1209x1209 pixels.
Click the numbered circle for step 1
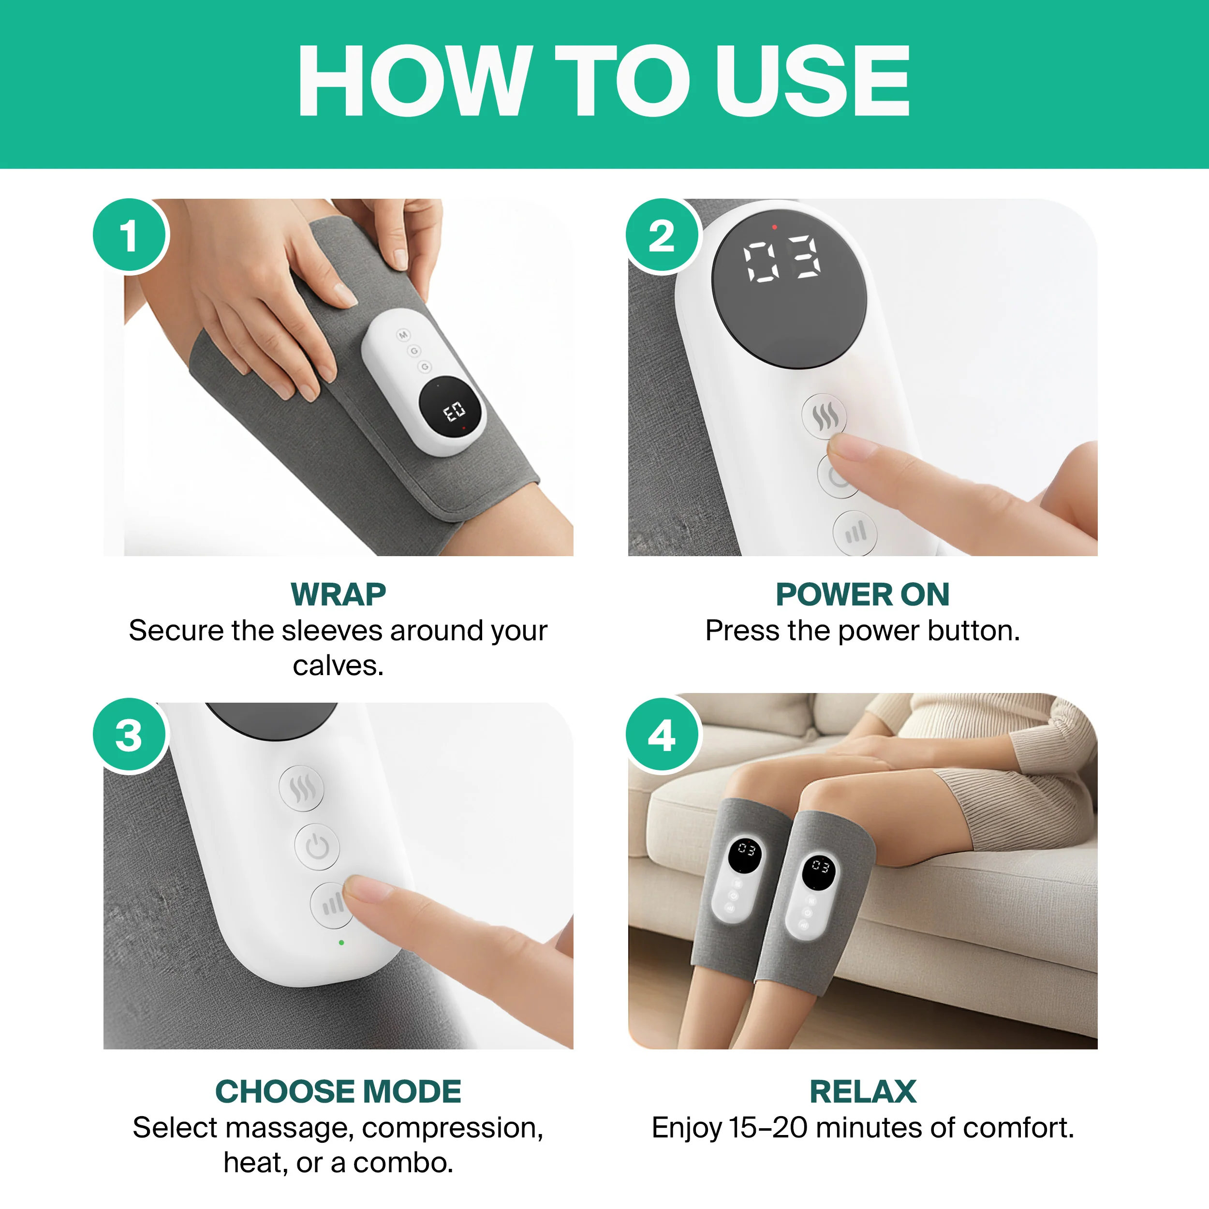(130, 236)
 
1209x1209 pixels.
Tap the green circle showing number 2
(662, 236)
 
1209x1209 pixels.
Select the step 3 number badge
(130, 735)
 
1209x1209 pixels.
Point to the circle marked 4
(662, 735)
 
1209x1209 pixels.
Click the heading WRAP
(338, 594)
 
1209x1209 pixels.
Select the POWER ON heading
(862, 594)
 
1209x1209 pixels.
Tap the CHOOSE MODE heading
(338, 1091)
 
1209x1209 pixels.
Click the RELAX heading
(862, 1091)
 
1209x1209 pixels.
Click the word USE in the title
(811, 81)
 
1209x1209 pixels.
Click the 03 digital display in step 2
(781, 258)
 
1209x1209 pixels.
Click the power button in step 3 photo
(317, 847)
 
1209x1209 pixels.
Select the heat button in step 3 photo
(302, 788)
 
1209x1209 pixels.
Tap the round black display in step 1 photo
(451, 410)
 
